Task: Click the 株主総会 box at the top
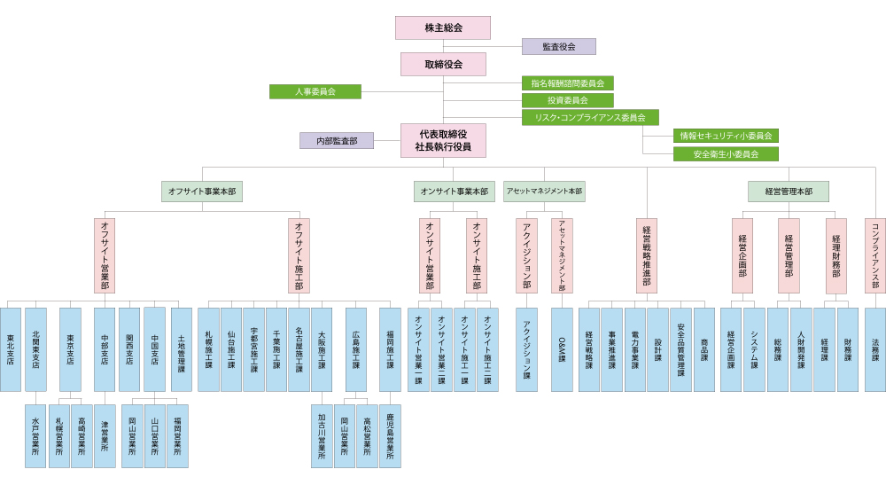(x=443, y=27)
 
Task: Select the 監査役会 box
(x=558, y=46)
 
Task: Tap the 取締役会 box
(x=443, y=64)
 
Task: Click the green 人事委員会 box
(x=315, y=91)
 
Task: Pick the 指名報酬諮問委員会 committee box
(x=567, y=82)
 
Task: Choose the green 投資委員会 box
(x=567, y=100)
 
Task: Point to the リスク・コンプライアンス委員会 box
(x=590, y=117)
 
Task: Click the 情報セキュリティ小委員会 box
(x=726, y=136)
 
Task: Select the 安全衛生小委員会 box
(x=726, y=153)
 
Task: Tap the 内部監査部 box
(x=337, y=140)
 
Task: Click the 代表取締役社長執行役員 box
(x=443, y=140)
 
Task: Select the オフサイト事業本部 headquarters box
(x=202, y=192)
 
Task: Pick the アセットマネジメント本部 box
(x=544, y=192)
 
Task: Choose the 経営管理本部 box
(x=789, y=192)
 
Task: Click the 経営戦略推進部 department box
(x=647, y=255)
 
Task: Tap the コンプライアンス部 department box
(x=875, y=255)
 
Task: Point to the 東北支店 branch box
(x=11, y=349)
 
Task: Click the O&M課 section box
(x=562, y=349)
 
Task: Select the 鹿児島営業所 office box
(x=390, y=435)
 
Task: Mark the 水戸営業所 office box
(x=35, y=435)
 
